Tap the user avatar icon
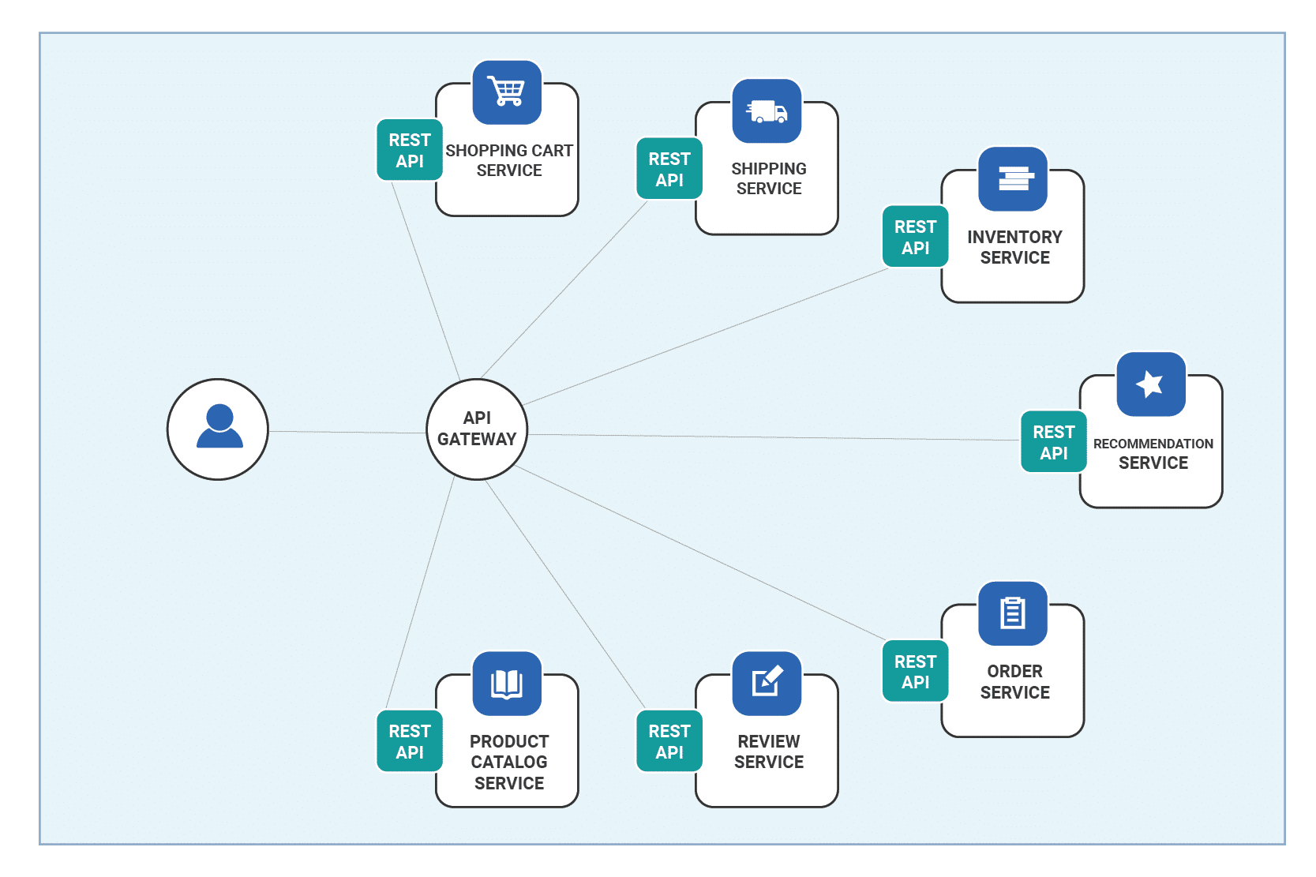219,426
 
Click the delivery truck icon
766,111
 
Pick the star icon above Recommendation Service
1150,384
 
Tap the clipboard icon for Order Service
1012,613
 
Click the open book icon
506,683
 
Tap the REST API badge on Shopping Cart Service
410,150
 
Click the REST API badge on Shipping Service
669,169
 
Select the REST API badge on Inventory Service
915,236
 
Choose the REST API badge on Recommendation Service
1053,442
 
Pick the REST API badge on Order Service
915,671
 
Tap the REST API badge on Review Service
669,740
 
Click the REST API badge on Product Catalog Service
410,740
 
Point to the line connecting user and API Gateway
347,433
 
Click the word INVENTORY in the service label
1014,237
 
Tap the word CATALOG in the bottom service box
508,762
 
